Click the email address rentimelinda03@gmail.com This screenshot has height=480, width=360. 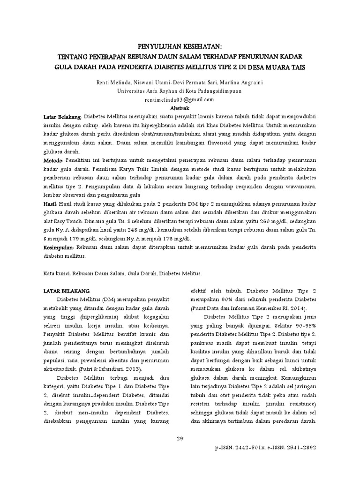coord(180,99)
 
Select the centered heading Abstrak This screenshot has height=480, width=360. coord(180,108)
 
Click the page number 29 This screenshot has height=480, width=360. coord(180,438)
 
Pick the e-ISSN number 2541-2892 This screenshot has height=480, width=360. coord(300,448)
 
